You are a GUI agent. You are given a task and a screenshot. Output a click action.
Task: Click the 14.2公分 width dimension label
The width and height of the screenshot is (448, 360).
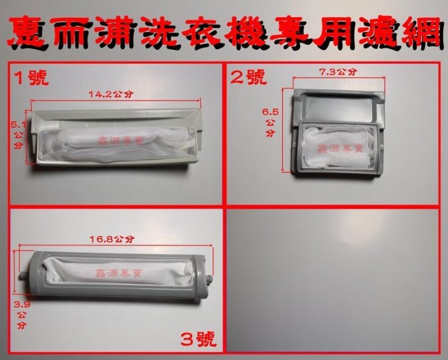[x=111, y=94]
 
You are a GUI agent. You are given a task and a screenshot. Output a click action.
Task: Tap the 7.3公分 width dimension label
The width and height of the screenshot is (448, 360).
[x=338, y=72]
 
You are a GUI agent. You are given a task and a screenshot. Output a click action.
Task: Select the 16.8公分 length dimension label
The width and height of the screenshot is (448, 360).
[x=112, y=239]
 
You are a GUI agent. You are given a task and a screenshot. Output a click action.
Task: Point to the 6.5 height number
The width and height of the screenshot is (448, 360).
[x=270, y=112]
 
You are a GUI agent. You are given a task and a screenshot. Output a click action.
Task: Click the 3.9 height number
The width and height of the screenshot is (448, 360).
[x=22, y=304]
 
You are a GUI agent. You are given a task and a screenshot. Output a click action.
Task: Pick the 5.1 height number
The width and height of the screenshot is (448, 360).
[x=18, y=125]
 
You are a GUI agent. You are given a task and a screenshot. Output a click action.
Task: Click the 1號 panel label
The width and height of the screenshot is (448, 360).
[x=31, y=77]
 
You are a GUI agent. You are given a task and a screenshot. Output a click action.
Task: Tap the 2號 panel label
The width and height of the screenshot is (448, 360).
[x=248, y=77]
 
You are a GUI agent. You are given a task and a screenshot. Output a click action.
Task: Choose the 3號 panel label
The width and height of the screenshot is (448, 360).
[x=198, y=340]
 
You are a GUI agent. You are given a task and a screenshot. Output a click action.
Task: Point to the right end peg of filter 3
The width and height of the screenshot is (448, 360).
[x=209, y=278]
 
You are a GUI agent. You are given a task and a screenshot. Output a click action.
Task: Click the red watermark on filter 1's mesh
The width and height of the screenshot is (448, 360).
[x=122, y=141]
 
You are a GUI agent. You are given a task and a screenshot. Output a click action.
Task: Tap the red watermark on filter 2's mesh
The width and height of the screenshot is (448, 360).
[x=340, y=148]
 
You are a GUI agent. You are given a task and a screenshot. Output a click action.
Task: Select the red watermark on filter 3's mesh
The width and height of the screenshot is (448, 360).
[x=120, y=274]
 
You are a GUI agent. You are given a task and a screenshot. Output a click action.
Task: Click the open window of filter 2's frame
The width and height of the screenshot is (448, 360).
[x=340, y=107]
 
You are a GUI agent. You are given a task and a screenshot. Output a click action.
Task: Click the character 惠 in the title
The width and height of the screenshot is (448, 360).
[x=29, y=32]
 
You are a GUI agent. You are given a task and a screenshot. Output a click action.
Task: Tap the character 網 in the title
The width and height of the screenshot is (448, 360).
[x=422, y=32]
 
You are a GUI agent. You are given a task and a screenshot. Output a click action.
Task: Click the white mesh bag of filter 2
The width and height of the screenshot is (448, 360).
[x=339, y=148]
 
